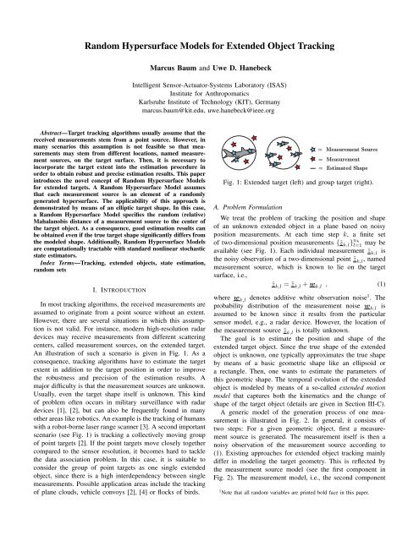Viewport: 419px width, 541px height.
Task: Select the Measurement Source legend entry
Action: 373,148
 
